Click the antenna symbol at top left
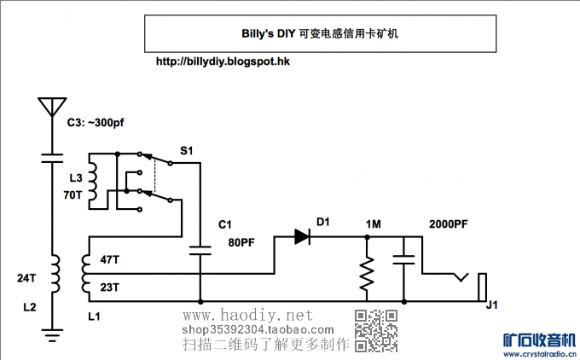pos(51,107)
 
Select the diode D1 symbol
pos(303,236)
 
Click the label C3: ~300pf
pos(96,124)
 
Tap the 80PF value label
pos(241,241)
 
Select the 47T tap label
pos(110,258)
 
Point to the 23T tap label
pos(110,287)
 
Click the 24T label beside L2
pos(27,278)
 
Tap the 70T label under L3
pos(73,195)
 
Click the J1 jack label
pos(491,305)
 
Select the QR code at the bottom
pos(376,331)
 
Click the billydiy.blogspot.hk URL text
pos(224,61)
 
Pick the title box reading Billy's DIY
pos(320,35)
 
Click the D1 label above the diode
pos(322,222)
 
